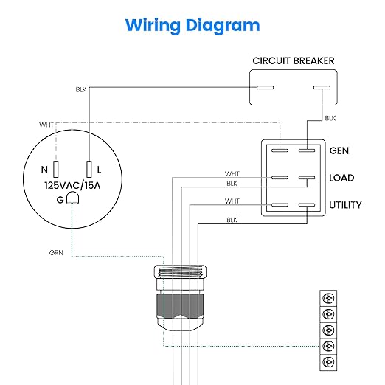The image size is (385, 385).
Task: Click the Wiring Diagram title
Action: tap(192, 26)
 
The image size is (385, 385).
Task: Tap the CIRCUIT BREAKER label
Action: tap(294, 61)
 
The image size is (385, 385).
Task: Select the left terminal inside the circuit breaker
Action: tap(265, 87)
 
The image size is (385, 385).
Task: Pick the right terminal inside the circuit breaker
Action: tap(322, 87)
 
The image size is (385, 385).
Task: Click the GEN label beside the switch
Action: tap(339, 150)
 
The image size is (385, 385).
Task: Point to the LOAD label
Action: tap(341, 178)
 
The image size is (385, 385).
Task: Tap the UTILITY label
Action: tap(345, 205)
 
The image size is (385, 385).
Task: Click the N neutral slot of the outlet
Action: tap(56, 169)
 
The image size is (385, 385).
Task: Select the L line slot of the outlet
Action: tap(89, 169)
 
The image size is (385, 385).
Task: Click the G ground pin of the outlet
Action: tap(73, 198)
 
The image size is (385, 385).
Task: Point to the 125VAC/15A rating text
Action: tap(72, 185)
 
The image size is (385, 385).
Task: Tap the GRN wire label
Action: tap(56, 253)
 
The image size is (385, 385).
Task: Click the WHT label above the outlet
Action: tap(46, 125)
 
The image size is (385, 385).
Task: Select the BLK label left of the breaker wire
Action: tap(81, 89)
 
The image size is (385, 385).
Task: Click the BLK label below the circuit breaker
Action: tap(330, 118)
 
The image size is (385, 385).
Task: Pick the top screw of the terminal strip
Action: tap(328, 299)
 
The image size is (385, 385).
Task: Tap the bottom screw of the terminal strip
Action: tap(328, 362)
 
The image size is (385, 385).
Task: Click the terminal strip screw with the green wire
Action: tap(328, 346)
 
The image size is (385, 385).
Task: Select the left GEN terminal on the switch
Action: tap(280, 150)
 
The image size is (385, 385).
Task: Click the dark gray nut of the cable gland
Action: tap(180, 306)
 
